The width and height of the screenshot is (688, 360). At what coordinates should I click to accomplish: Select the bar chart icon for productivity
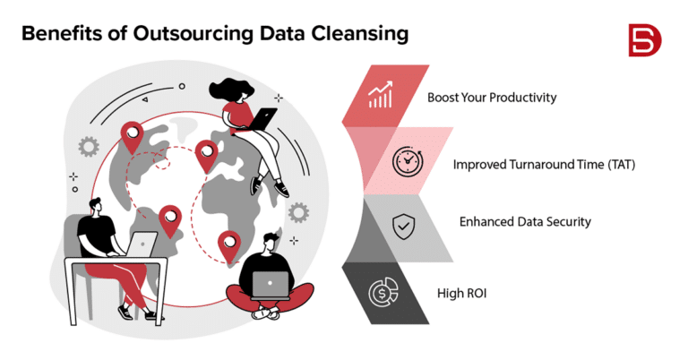point(380,96)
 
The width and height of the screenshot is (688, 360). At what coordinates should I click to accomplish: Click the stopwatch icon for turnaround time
point(408,163)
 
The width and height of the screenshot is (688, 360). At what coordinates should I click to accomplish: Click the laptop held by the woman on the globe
point(266,118)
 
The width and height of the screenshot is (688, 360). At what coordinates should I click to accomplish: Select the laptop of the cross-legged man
point(269,285)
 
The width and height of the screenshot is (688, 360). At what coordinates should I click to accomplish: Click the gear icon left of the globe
point(87,145)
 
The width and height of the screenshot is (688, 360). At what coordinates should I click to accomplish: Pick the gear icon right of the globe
point(299,212)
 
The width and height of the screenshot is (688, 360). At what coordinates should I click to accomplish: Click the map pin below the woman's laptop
point(207,155)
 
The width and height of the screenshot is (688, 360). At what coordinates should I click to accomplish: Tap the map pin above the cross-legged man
point(229,244)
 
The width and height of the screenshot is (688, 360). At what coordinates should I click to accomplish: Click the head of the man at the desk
point(97,209)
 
